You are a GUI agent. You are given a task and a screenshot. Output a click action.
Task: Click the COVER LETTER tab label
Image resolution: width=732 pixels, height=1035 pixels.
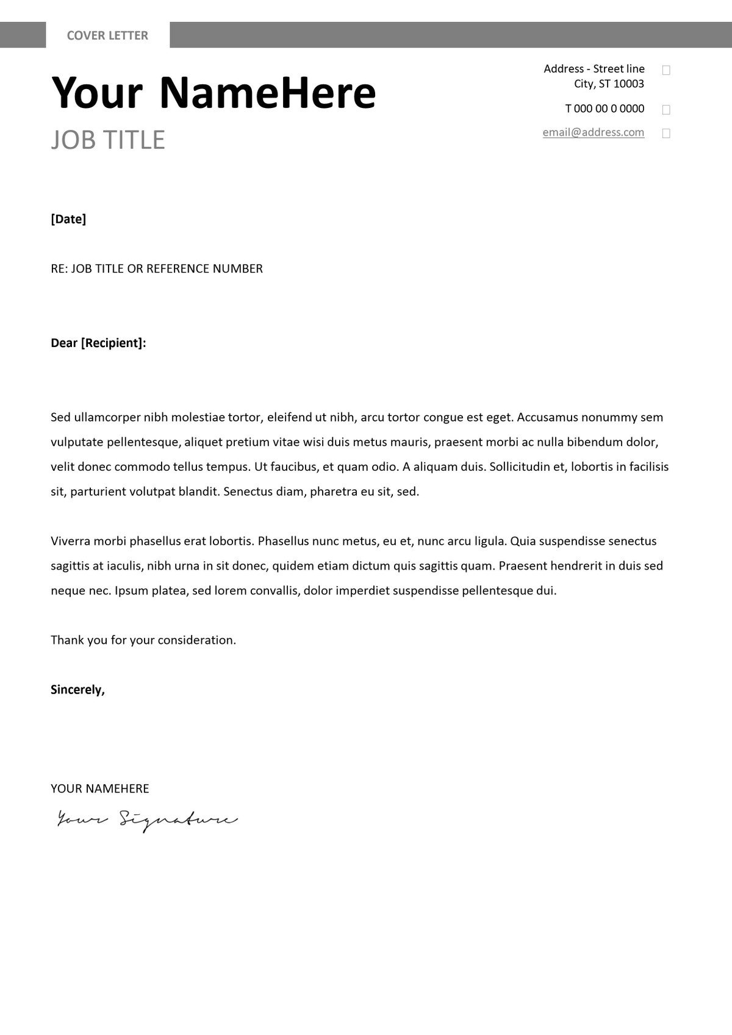107,35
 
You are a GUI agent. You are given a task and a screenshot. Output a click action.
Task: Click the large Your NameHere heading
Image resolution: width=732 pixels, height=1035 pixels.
213,93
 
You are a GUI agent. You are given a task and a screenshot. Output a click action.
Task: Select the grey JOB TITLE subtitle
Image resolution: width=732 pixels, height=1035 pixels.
108,140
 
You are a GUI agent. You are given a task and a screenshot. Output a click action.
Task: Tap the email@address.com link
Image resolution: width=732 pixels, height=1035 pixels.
593,132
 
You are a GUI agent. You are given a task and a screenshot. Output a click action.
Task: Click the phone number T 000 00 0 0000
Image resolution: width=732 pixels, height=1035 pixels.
605,109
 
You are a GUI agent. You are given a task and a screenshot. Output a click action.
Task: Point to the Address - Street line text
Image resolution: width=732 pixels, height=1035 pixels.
594,69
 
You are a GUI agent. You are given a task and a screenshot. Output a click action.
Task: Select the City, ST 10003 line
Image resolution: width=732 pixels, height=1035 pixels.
609,84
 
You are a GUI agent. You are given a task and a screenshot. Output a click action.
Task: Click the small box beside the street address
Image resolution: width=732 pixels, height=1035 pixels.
666,70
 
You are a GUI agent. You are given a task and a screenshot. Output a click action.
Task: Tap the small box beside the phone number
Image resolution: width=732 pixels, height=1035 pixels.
666,110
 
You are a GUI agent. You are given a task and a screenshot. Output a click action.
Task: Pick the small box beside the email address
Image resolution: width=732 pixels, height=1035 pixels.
666,133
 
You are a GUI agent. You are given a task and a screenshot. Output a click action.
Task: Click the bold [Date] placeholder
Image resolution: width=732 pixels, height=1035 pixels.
68,219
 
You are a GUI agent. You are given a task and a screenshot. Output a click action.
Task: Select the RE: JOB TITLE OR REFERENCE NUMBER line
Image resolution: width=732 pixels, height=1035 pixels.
157,269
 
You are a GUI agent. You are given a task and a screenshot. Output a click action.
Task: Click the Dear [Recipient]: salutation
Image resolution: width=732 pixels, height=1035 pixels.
98,343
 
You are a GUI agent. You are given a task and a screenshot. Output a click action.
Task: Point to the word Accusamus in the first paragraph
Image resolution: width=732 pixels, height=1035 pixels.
547,417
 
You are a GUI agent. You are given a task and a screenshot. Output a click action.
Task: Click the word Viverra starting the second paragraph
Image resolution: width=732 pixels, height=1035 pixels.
70,541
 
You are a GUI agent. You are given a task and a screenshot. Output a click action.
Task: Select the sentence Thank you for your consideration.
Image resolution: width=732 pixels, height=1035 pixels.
143,640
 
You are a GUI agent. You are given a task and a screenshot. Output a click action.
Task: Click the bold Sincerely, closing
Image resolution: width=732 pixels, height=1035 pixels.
77,690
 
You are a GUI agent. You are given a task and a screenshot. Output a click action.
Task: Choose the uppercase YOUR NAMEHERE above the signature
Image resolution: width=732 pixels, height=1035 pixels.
100,789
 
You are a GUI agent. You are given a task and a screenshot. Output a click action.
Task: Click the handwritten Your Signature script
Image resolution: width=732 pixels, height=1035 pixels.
147,820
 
